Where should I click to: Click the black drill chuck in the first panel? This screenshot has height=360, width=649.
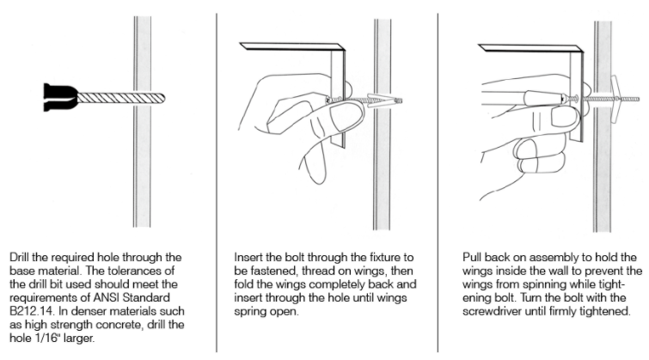pos(60,97)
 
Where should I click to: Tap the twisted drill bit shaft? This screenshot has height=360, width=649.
pos(121,99)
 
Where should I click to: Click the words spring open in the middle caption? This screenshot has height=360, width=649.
pos(266,311)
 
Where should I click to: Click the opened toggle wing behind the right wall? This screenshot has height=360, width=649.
pos(615,101)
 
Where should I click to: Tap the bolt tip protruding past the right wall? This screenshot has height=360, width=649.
pos(636,100)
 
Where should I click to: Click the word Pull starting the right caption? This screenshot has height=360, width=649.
pos(472,258)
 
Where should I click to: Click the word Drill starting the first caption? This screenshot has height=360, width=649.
pos(19,258)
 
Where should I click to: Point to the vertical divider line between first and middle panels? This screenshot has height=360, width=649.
pos(217,182)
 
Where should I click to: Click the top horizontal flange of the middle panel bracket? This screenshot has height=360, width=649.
pos(292,46)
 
